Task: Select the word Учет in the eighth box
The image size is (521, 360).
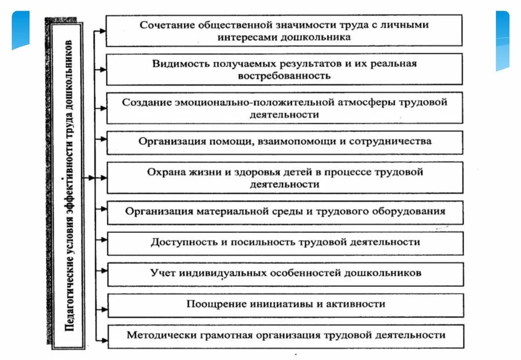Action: coord(162,273)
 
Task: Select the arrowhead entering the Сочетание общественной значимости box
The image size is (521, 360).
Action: coord(103,31)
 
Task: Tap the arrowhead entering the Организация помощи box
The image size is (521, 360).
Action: coord(103,138)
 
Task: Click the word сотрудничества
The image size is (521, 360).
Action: coord(391,141)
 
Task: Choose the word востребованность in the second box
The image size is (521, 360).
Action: coord(284,76)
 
